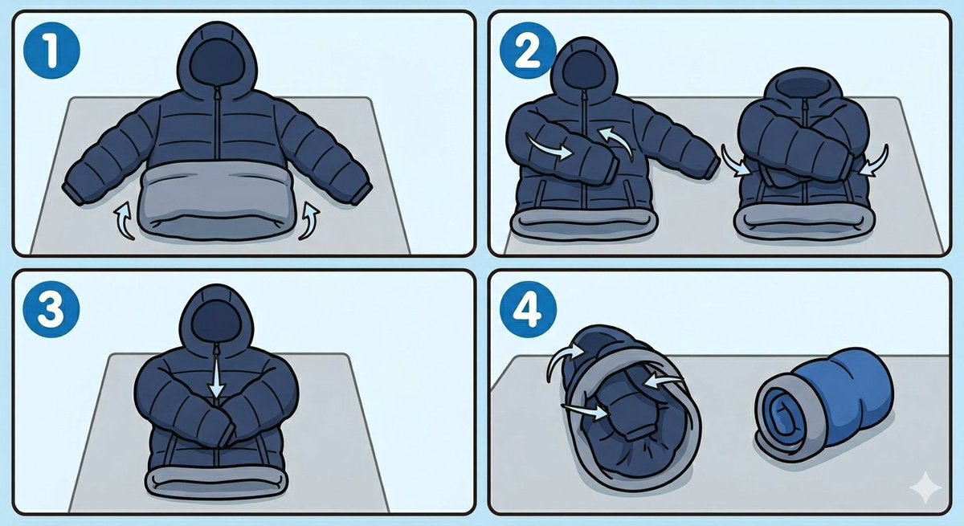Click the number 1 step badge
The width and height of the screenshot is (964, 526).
click(51, 51)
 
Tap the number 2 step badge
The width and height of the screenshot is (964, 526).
click(528, 51)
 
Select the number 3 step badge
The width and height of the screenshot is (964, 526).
click(51, 309)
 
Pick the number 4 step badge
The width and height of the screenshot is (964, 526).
click(528, 309)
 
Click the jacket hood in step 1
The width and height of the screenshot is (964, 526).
click(217, 60)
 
